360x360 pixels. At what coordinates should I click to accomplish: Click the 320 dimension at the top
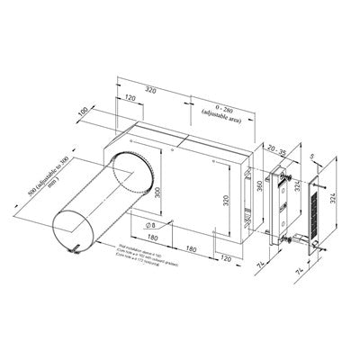(x=154, y=90)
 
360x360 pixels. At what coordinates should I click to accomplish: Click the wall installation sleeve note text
(x=141, y=256)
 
